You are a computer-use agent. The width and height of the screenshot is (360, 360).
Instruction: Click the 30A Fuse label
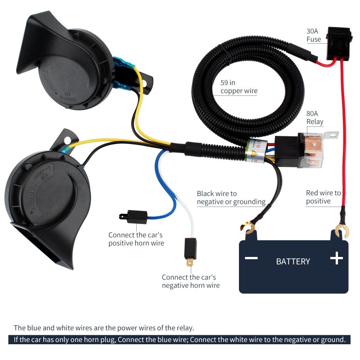pyautogui.click(x=314, y=35)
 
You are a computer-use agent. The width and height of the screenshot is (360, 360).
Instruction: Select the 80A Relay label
pyautogui.click(x=315, y=118)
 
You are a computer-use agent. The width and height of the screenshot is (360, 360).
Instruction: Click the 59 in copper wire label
pyautogui.click(x=239, y=87)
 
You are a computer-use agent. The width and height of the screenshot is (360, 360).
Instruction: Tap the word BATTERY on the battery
pyautogui.click(x=293, y=261)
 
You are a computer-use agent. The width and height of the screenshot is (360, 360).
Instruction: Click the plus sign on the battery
pyautogui.click(x=336, y=258)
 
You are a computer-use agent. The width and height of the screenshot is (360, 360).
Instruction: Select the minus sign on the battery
pyautogui.click(x=251, y=258)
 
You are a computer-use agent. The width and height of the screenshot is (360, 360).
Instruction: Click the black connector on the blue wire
pyautogui.click(x=135, y=217)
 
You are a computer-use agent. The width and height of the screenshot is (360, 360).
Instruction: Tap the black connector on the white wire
pyautogui.click(x=190, y=247)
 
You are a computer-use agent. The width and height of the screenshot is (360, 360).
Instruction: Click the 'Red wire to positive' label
pyautogui.click(x=324, y=197)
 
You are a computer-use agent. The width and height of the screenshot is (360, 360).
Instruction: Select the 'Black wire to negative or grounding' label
pyautogui.click(x=231, y=198)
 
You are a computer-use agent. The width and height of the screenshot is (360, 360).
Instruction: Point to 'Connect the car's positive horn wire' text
pyautogui.click(x=136, y=239)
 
